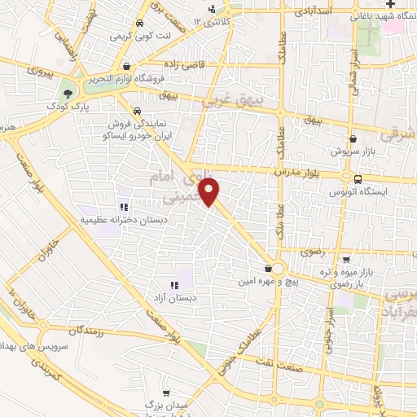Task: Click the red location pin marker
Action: pyautogui.click(x=210, y=191)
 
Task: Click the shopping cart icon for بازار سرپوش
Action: pyautogui.click(x=351, y=138)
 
